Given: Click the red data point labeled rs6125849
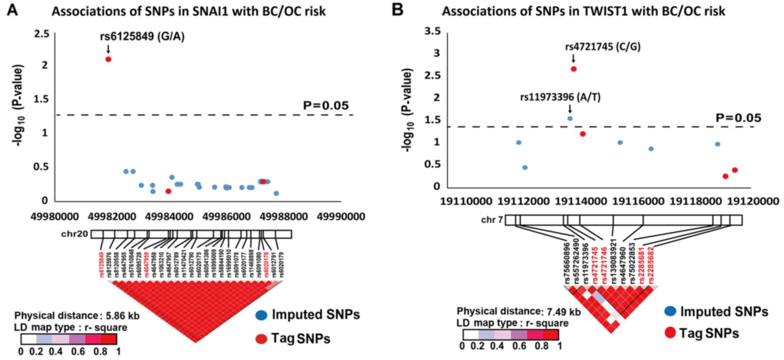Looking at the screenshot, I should coord(108,59).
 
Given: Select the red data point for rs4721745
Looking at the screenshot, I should coord(574,69).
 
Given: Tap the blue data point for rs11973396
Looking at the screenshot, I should coord(570,118).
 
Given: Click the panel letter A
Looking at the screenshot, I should coord(13,10).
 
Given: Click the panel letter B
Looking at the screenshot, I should coord(398,10).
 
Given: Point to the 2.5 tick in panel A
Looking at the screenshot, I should coord(42,34).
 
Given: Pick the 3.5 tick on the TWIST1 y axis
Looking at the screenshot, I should coord(432,31).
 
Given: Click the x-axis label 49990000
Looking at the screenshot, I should coord(341,217).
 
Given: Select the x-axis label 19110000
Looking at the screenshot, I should coord(466,201).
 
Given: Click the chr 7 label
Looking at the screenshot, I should coord(492,220).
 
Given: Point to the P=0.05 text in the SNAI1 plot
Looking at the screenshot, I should coord(325,106).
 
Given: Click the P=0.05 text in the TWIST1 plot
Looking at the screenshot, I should coord(738,118).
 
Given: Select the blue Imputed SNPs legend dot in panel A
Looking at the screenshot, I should coord(261,315).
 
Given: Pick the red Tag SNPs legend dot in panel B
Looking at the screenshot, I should coord(671,332).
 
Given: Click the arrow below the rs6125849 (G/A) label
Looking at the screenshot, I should coord(108,49).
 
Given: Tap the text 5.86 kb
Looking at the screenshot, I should coord(122,316).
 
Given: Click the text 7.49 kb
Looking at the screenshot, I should coord(564,312).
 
